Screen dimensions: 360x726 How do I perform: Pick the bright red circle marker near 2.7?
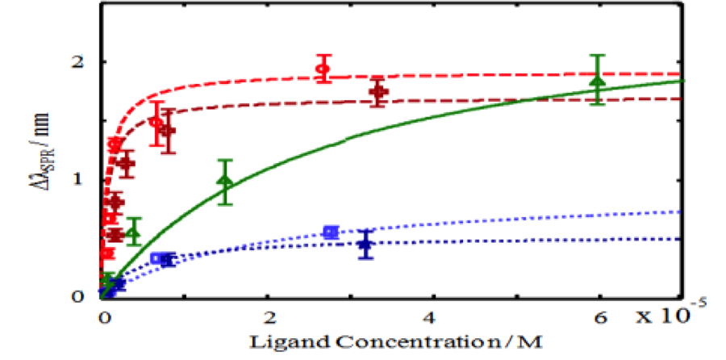click(x=323, y=69)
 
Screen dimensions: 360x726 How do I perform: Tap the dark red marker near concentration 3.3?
click(x=378, y=91)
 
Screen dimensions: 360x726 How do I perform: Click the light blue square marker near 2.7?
click(x=329, y=232)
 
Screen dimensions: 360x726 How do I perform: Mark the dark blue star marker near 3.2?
click(x=366, y=244)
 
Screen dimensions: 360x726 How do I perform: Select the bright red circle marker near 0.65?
click(x=156, y=122)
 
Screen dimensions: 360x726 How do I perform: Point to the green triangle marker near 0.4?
click(x=133, y=232)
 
